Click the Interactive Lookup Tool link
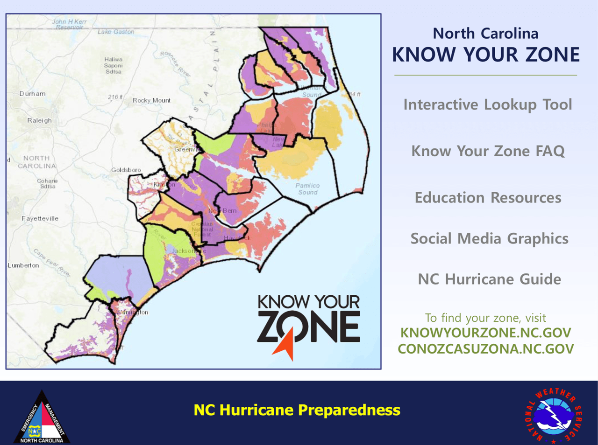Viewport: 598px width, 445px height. click(487, 104)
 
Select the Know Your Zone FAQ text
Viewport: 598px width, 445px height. click(488, 151)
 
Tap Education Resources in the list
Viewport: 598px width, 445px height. click(488, 198)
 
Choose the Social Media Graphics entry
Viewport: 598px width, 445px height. click(489, 239)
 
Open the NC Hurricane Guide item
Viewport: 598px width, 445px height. click(489, 279)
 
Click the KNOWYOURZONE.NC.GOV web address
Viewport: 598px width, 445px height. click(485, 333)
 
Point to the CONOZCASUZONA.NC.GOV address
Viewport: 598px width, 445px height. click(485, 349)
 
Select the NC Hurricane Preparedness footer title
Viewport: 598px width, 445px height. click(297, 410)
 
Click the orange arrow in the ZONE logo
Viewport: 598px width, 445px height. click(285, 344)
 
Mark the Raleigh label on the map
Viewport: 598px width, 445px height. click(39, 120)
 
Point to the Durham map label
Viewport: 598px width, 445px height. click(32, 94)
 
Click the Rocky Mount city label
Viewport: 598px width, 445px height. click(151, 100)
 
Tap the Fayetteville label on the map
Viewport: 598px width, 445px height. click(40, 218)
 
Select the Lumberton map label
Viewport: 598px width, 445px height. click(23, 265)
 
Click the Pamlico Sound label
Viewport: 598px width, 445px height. click(307, 188)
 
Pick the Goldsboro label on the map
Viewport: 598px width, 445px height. click(126, 170)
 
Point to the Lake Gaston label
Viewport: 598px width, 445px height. click(116, 32)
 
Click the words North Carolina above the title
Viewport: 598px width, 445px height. click(485, 34)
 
